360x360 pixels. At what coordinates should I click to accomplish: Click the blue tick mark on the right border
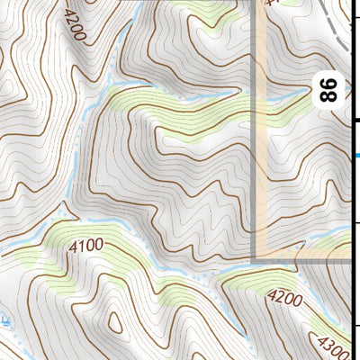click(356, 155)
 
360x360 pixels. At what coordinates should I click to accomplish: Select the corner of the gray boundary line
click(256, 259)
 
